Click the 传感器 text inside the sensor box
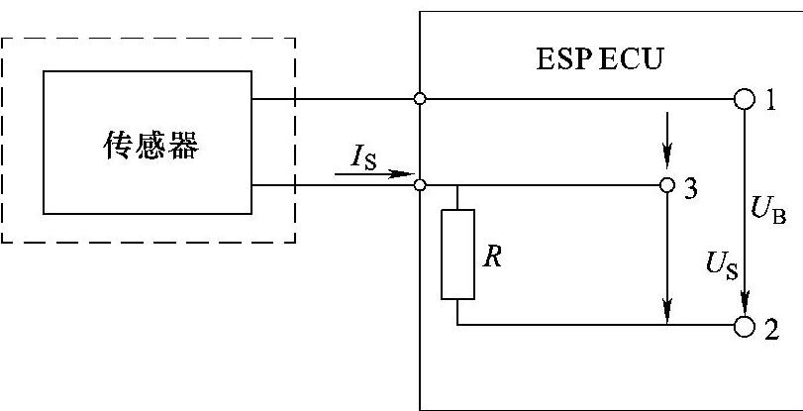(x=151, y=147)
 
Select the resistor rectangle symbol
(x=457, y=254)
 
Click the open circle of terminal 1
(x=744, y=100)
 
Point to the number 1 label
(x=770, y=100)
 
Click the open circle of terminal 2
(x=744, y=324)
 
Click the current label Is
(x=362, y=155)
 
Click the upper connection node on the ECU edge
(x=421, y=100)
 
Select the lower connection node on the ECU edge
(x=421, y=185)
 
